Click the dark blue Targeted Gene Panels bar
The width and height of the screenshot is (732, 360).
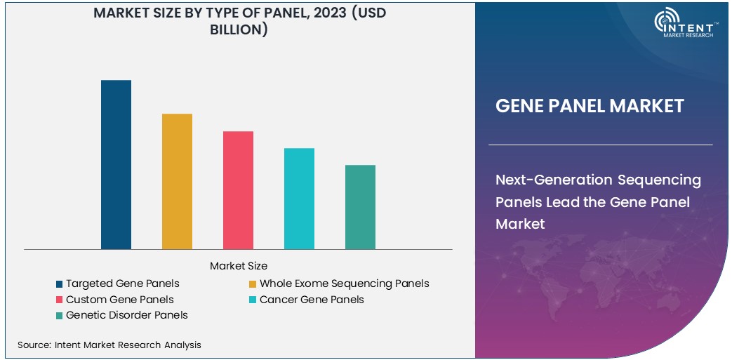point(116,165)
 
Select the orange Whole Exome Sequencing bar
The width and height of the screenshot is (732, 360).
point(177,181)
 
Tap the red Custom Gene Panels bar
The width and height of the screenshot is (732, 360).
point(238,190)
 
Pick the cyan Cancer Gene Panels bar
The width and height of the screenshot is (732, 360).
point(299,199)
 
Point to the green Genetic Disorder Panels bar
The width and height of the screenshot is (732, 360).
point(360,207)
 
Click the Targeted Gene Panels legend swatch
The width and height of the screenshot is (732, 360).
point(60,284)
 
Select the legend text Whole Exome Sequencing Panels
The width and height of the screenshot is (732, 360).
point(344,284)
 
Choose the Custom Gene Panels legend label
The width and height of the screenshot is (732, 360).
point(119,300)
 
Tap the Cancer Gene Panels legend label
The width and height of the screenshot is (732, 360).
point(312,300)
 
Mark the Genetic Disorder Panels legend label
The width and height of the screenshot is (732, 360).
point(126,315)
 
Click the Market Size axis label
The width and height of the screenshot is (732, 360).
point(238,266)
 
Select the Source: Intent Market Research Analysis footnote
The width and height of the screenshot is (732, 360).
point(109,345)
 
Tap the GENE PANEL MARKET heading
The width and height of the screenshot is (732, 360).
point(590,106)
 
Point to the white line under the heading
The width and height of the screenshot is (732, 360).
point(600,145)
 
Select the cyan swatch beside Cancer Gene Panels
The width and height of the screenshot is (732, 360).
point(253,300)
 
